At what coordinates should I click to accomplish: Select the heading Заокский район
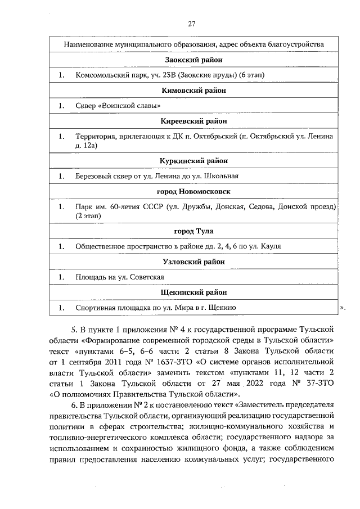193,59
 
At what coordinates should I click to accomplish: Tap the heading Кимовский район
193,90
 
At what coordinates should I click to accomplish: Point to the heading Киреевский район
193,121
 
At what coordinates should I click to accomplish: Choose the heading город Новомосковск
193,191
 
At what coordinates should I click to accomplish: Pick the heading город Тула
193,231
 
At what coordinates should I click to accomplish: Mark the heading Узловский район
193,262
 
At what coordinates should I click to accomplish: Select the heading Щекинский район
193,292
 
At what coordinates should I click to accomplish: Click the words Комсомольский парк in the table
107,75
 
